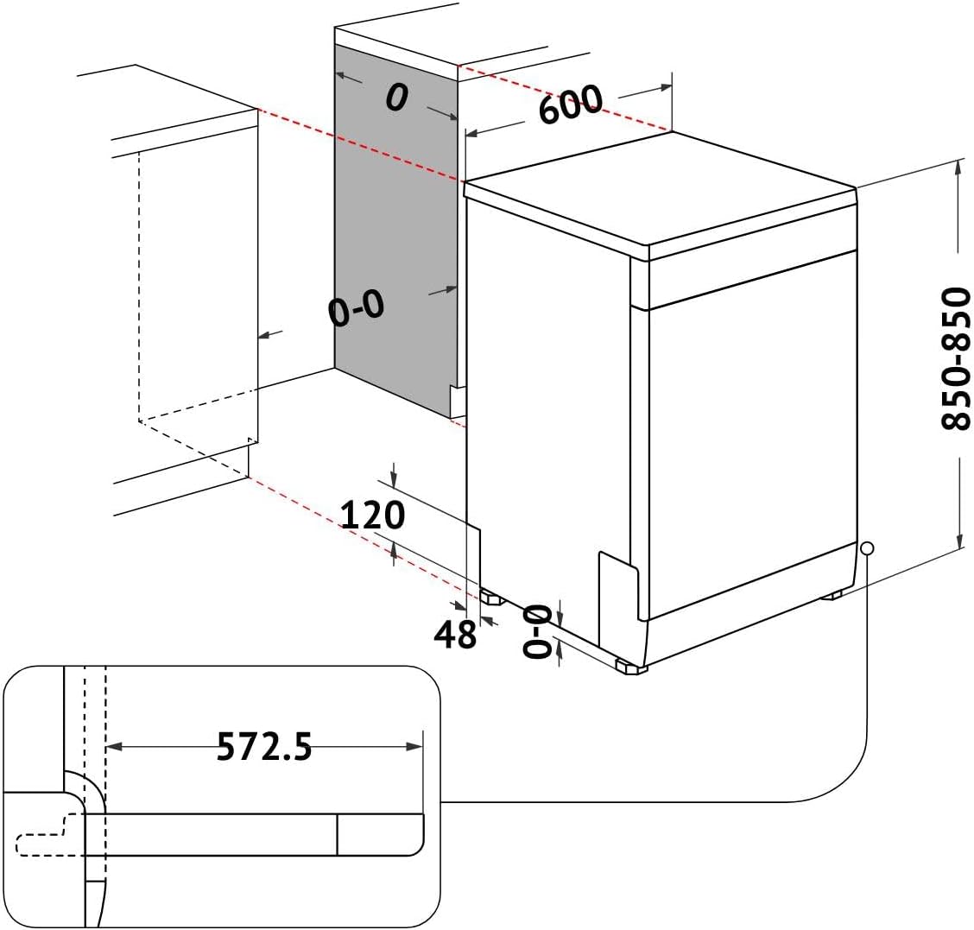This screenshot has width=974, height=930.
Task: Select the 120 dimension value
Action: click(372, 516)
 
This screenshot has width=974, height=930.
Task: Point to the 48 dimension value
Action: click(455, 635)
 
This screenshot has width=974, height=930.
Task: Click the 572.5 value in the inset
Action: click(263, 747)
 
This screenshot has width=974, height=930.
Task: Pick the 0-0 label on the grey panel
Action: click(356, 308)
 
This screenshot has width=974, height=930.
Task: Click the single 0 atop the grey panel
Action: click(395, 98)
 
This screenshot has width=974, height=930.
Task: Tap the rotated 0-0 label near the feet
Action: click(536, 631)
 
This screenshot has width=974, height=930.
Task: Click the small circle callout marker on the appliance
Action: click(867, 547)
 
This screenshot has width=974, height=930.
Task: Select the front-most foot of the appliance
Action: click(630, 667)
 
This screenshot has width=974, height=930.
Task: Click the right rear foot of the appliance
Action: click(833, 595)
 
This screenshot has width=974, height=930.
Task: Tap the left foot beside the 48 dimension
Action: click(493, 597)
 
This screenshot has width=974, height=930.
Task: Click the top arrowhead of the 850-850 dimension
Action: click(958, 167)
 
